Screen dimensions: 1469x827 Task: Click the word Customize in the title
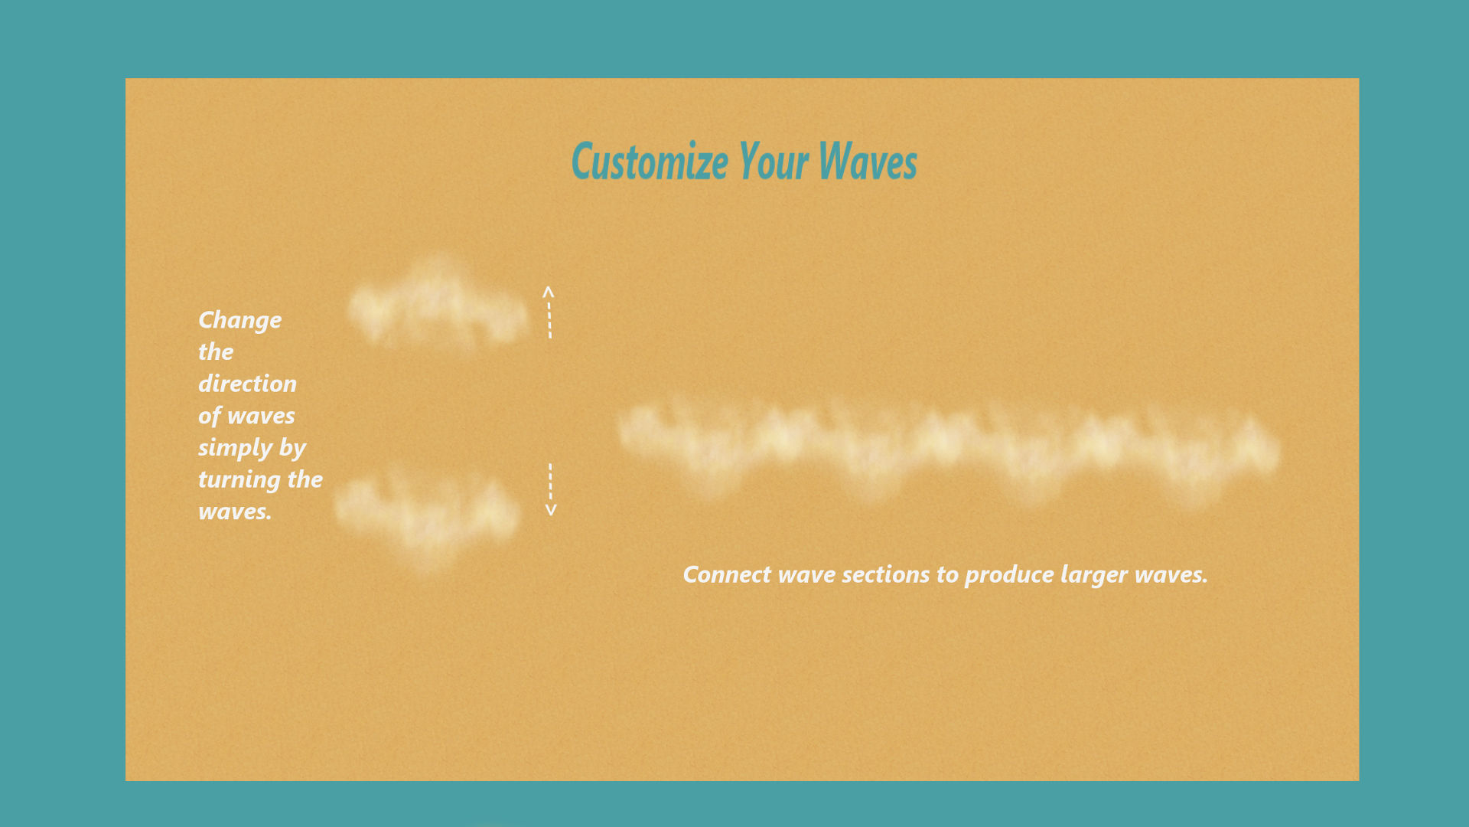pyautogui.click(x=650, y=162)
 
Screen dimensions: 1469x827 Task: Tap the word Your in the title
pyautogui.click(x=773, y=162)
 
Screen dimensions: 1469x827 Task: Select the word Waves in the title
pyautogui.click(x=868, y=162)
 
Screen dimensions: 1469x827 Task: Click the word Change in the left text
pyautogui.click(x=239, y=320)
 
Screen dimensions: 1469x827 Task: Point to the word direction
pyautogui.click(x=247, y=383)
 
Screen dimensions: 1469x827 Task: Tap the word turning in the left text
pyautogui.click(x=239, y=480)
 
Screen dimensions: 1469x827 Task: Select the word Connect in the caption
pyautogui.click(x=727, y=574)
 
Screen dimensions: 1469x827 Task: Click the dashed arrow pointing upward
pyautogui.click(x=549, y=312)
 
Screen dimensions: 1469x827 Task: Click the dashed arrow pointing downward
pyautogui.click(x=550, y=489)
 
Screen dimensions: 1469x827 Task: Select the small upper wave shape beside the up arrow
pyautogui.click(x=438, y=307)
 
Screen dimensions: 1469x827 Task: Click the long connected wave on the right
pyautogui.click(x=949, y=448)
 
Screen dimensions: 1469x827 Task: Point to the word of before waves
pyautogui.click(x=210, y=417)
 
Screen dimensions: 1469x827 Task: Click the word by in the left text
pyautogui.click(x=292, y=448)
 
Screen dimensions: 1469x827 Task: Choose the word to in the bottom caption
pyautogui.click(x=947, y=575)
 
